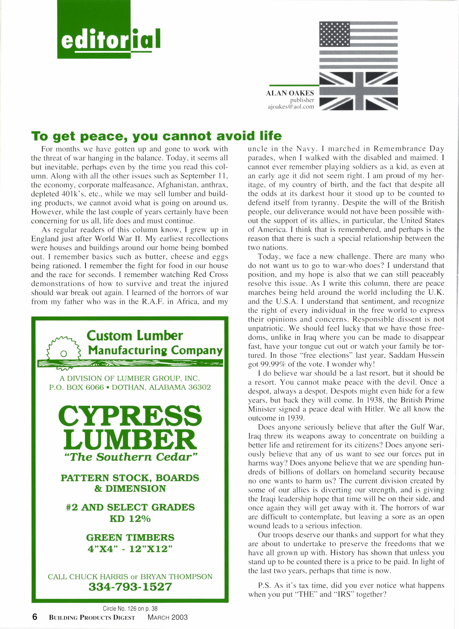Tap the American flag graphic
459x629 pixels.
click(359, 44)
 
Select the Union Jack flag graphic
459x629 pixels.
click(359, 91)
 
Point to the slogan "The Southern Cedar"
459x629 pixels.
click(130, 457)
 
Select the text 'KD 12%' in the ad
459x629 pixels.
click(130, 519)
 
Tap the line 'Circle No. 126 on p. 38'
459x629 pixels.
click(130, 608)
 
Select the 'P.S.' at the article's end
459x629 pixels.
click(265, 585)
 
